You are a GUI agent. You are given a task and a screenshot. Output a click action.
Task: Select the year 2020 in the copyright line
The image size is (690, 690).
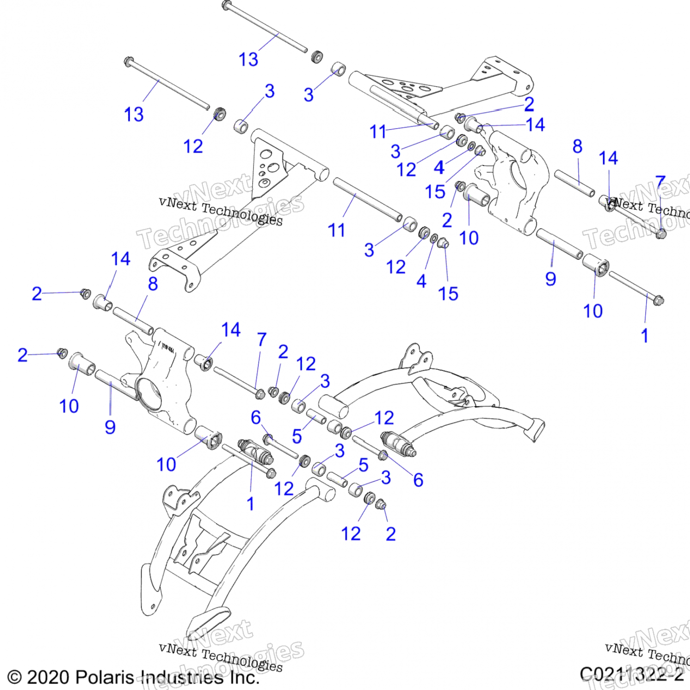(48, 677)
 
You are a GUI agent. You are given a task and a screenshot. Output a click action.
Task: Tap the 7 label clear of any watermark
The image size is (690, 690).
(262, 339)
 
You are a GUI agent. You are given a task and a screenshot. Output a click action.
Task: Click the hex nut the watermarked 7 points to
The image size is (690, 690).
(661, 234)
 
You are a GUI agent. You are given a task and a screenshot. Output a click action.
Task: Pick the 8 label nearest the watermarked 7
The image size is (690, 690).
(577, 146)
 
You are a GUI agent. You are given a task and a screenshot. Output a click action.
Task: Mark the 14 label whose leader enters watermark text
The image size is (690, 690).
(608, 158)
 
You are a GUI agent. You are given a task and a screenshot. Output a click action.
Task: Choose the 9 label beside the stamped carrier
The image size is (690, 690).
(110, 427)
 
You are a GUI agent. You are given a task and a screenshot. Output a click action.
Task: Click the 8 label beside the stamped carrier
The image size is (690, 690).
(153, 284)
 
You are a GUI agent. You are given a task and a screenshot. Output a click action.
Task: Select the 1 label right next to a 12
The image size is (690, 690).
(250, 504)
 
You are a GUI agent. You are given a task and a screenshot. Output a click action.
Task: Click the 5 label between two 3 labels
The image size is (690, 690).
(363, 465)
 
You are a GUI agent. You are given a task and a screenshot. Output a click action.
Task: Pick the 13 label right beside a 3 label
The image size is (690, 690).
(248, 59)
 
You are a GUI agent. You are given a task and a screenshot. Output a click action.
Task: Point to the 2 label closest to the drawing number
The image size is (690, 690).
(391, 534)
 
